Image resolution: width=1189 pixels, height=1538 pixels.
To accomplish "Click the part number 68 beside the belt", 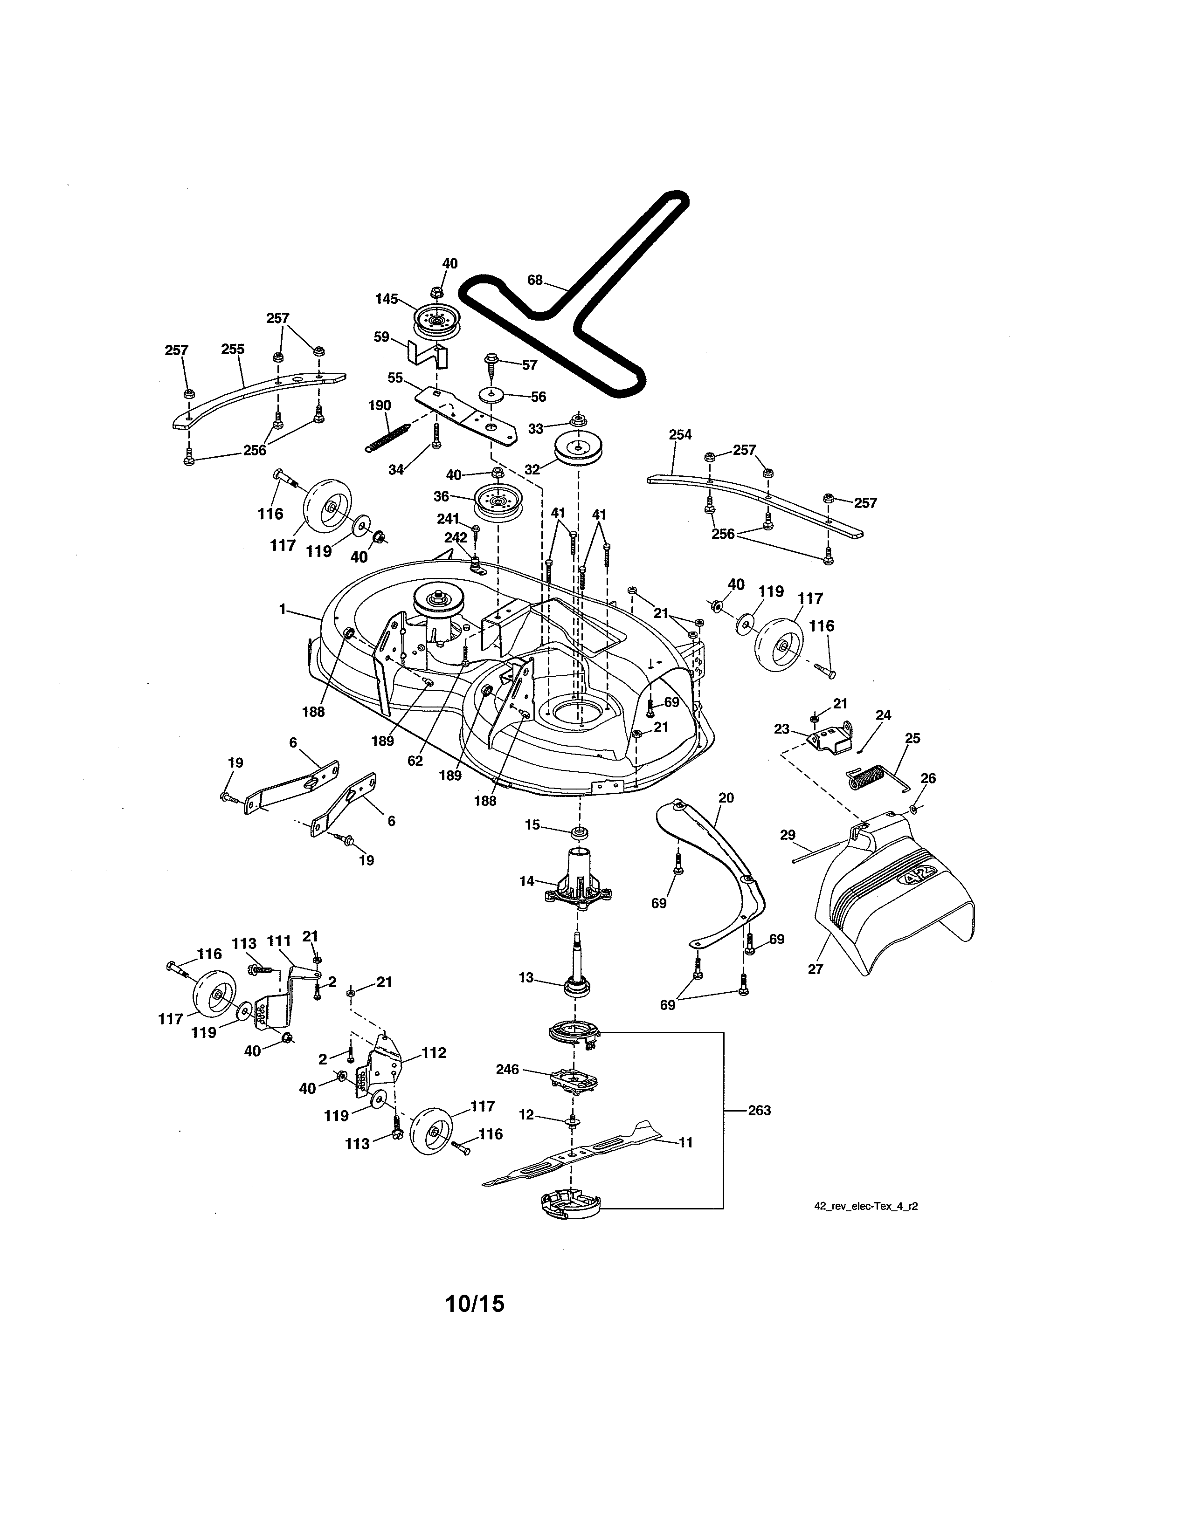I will (x=535, y=280).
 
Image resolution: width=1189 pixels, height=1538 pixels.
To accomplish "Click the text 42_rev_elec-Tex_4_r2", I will (x=866, y=1206).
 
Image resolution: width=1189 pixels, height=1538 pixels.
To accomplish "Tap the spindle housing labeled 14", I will (x=578, y=879).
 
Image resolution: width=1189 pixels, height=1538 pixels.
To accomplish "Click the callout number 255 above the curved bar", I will (x=233, y=349).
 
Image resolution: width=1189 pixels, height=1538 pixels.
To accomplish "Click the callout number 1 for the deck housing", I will (x=283, y=609).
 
